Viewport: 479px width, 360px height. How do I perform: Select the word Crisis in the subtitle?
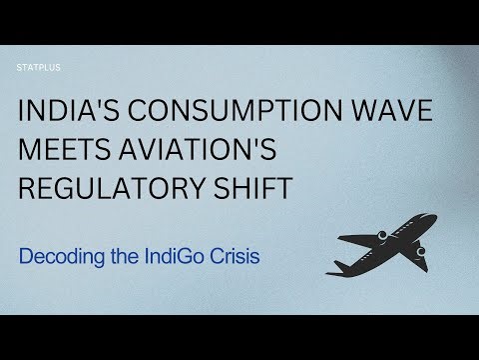click(x=238, y=256)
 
